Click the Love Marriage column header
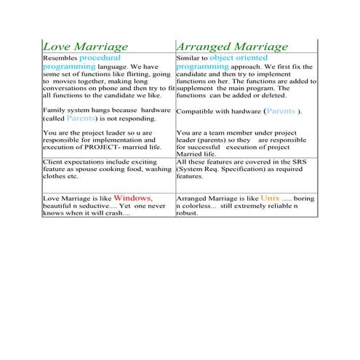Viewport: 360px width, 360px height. (87, 46)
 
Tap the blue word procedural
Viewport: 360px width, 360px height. (100, 57)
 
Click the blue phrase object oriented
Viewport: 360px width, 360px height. (239, 57)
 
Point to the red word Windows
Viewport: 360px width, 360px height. (133, 197)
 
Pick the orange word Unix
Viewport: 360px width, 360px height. (271, 197)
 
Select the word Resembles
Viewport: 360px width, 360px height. (60, 57)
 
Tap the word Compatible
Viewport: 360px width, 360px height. (194, 111)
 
